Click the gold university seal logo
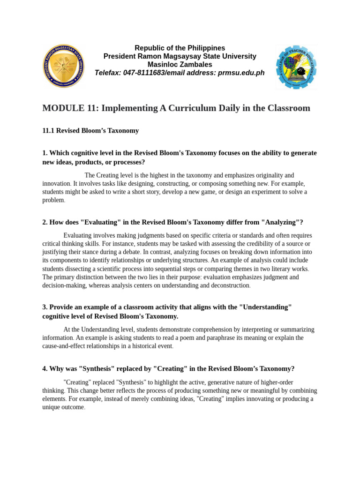pos(64,66)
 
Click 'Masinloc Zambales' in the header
pos(180,64)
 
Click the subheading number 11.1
pos(48,130)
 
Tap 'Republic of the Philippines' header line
pos(180,48)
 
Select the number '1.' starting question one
pos(45,153)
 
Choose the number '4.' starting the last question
pos(45,368)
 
